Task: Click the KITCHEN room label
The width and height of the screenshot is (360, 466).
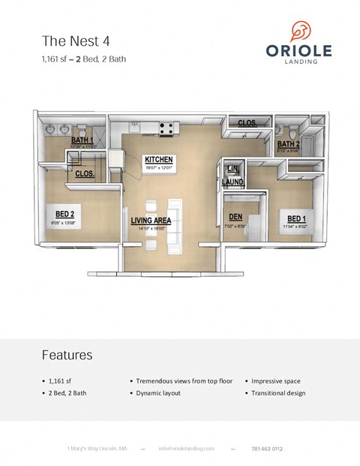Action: coord(159,160)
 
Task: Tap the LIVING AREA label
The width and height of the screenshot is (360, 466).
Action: coord(151,221)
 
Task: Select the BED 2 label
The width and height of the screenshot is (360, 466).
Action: coord(63,213)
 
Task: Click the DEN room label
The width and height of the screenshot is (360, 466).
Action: coord(235,217)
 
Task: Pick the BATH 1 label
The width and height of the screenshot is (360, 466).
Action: coord(82,140)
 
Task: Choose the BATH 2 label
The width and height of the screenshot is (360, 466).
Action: coord(288,143)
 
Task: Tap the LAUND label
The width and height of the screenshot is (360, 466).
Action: coord(232,182)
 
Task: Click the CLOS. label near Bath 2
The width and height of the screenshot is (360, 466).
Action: coord(248,123)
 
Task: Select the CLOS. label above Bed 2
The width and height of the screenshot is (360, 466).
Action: coord(85,173)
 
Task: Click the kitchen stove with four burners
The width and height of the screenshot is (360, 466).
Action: coord(167,127)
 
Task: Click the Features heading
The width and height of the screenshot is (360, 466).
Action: coord(67,354)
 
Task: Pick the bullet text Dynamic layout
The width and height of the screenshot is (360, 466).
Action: coord(158,392)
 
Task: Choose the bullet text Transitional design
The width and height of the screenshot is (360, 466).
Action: coord(278,392)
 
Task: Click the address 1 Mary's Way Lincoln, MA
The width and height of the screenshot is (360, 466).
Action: coord(97,448)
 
